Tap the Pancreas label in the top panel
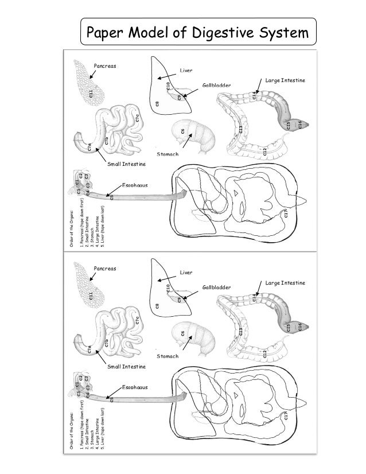105,66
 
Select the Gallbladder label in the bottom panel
215,287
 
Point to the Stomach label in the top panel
168,156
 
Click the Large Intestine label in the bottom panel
285,283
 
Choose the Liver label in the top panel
187,70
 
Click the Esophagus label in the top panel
135,186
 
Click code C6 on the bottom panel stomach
182,333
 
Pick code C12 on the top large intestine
264,152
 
